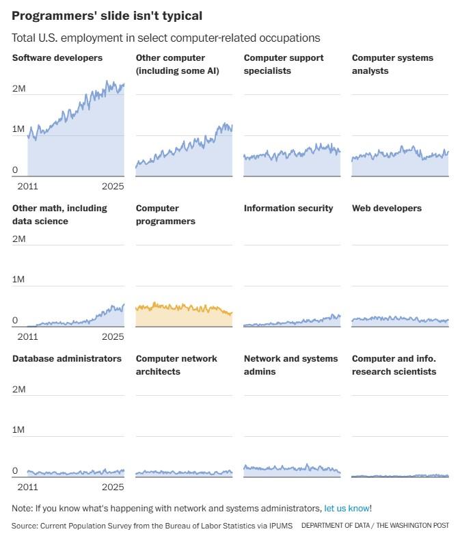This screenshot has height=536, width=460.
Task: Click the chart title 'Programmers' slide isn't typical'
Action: pos(107,15)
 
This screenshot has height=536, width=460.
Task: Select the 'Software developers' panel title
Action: pos(57,58)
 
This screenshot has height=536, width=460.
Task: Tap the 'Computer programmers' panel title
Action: pos(165,215)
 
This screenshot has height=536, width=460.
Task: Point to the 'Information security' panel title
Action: pos(288,209)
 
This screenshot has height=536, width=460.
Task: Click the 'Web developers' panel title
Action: pos(387,209)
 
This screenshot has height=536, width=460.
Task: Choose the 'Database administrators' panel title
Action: pos(67,359)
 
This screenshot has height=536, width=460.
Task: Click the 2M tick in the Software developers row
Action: pos(19,89)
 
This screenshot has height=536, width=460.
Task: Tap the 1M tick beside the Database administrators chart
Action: pos(19,430)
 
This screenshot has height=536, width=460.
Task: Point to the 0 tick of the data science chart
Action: pos(15,321)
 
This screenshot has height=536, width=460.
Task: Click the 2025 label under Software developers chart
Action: pos(113,186)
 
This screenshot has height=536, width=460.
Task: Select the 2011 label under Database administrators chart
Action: pos(27,487)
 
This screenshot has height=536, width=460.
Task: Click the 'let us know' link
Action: pos(347,509)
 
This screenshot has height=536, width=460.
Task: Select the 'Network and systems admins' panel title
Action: pos(290,365)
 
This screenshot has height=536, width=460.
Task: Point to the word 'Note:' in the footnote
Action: pos(22,509)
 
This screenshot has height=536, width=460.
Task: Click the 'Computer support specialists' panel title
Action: pos(284,64)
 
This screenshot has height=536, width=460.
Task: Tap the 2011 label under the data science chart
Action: pos(27,336)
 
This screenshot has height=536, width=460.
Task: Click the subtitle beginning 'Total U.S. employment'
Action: pos(166,38)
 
